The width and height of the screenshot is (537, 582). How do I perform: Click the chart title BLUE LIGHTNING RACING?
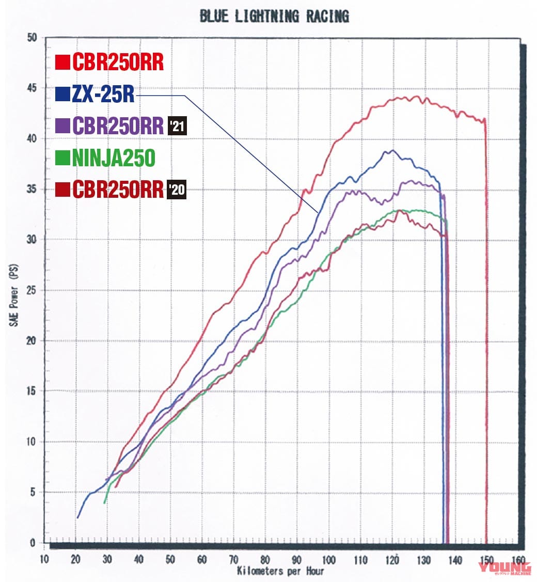274,17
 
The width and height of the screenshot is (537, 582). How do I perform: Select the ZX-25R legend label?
104,95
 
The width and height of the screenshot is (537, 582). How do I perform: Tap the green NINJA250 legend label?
113,158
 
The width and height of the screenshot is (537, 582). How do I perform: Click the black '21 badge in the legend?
178,127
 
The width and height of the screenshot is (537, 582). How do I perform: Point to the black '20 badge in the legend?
176,190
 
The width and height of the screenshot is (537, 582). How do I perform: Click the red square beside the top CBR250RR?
62,63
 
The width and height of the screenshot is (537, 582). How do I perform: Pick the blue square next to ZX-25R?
62,95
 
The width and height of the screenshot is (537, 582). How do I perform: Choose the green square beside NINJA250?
62,159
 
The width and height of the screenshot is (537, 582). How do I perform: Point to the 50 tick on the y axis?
33,38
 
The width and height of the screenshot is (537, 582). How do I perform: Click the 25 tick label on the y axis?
33,290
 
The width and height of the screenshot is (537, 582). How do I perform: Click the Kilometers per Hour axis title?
281,571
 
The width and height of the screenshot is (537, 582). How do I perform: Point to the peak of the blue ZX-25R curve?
392,150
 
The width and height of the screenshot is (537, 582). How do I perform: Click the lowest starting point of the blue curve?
78,517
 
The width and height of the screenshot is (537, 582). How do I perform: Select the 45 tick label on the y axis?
33,88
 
